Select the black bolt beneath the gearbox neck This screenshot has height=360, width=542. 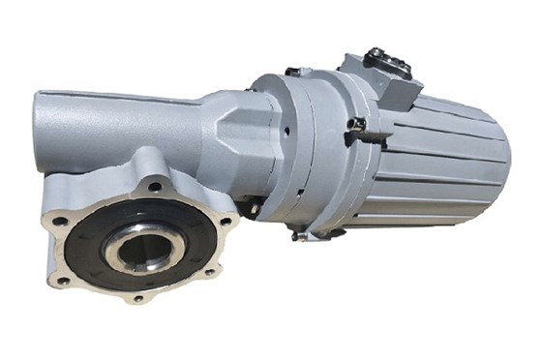click(250, 205)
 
